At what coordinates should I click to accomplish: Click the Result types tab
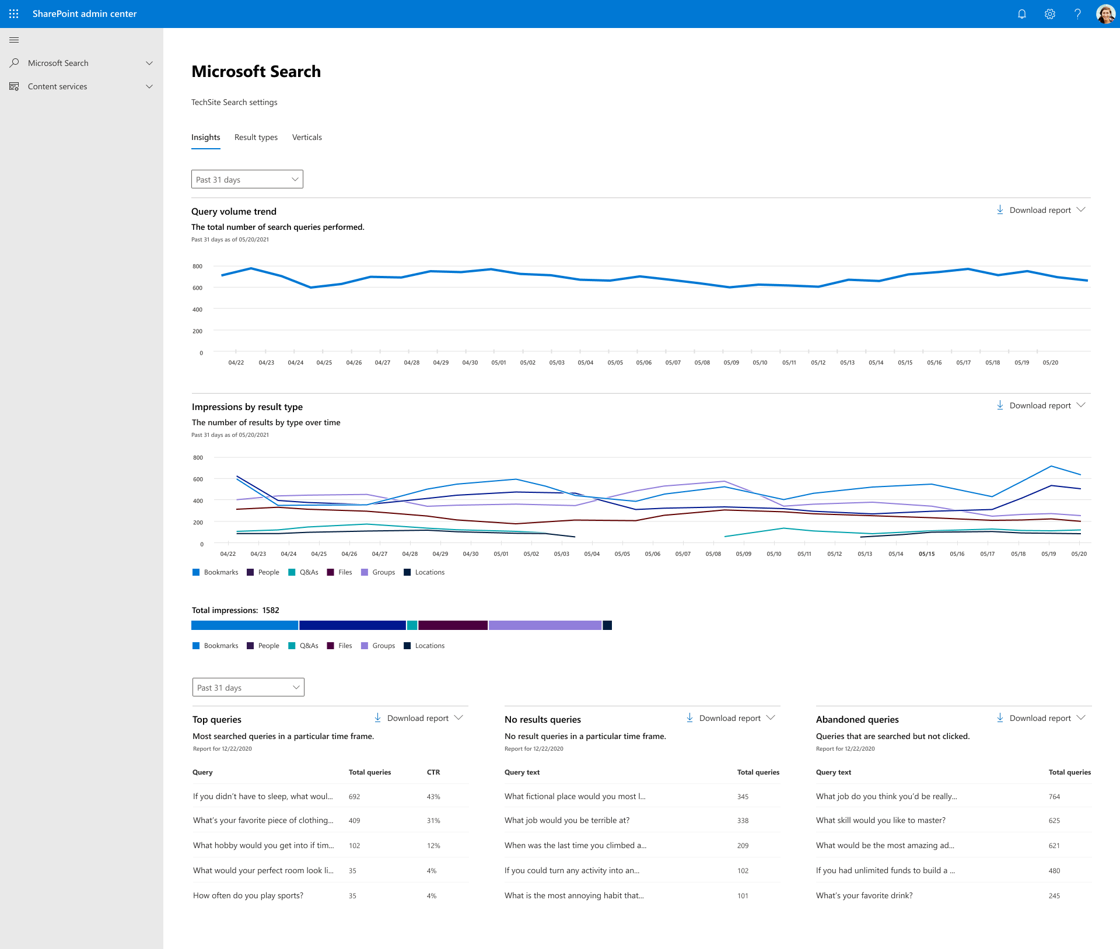tap(256, 137)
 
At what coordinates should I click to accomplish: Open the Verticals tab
tap(307, 137)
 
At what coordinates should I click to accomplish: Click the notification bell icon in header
tap(1021, 14)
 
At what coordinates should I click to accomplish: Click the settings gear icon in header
tap(1049, 14)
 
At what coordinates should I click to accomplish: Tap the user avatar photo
tap(1105, 14)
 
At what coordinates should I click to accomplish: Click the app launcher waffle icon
tap(14, 14)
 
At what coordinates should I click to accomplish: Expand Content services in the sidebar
tap(82, 86)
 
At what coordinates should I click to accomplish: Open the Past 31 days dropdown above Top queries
tap(248, 688)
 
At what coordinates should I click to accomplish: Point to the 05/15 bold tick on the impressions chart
tap(926, 554)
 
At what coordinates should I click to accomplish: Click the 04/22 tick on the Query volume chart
tap(236, 362)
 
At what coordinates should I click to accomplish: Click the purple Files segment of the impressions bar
tap(453, 625)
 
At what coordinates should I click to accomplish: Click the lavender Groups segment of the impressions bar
tap(545, 625)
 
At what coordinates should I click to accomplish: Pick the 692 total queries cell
tap(354, 796)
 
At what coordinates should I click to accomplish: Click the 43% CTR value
tap(433, 796)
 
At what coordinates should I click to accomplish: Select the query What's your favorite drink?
tap(864, 895)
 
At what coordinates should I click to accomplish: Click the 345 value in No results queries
tap(743, 796)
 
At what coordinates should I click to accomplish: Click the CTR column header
tap(433, 772)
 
